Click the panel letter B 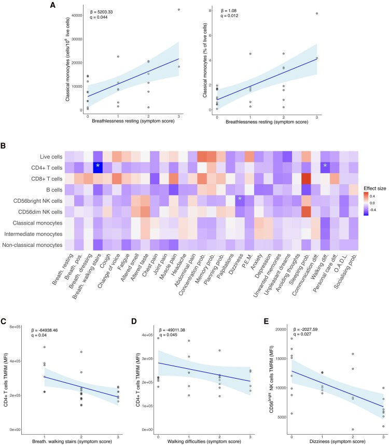tap(3, 146)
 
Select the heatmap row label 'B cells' tap(54, 190)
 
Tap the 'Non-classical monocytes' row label tap(32, 245)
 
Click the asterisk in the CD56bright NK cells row tap(240, 199)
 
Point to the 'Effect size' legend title tap(375, 188)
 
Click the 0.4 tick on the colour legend tap(372, 196)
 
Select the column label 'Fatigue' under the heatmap tap(123, 262)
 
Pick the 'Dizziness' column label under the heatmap tap(234, 264)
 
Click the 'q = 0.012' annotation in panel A tap(229, 16)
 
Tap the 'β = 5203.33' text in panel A tap(101, 12)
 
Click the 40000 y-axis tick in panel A tap(77, 16)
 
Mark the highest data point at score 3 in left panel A tap(179, 10)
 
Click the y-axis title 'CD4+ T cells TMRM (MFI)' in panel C tap(6, 380)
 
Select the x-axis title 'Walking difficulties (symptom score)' tap(204, 441)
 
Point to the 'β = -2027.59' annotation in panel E tap(305, 329)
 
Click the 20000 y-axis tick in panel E tap(281, 329)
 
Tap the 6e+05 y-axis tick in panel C tap(15, 327)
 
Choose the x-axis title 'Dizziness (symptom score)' tap(337, 441)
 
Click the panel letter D tap(134, 321)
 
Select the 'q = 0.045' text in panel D tap(168, 335)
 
